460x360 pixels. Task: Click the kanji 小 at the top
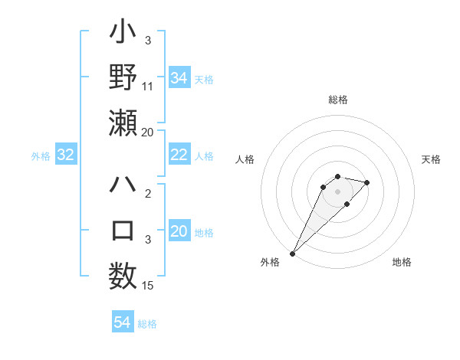coord(123,34)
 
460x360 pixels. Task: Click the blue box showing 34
coord(179,77)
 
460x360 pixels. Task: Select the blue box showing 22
coord(179,155)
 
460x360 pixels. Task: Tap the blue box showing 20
coord(179,232)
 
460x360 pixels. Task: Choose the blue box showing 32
coord(66,155)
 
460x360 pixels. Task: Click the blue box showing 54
coord(122,322)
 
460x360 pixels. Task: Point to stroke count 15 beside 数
coord(149,286)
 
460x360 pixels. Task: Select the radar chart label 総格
coord(338,100)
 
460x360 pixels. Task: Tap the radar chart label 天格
coord(431,159)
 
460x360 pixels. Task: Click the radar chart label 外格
coord(270,262)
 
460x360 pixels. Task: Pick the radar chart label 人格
coord(246,159)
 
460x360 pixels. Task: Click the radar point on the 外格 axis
coord(292,253)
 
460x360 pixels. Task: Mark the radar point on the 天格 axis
coord(367,182)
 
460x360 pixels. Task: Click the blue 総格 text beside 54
coord(147,324)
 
